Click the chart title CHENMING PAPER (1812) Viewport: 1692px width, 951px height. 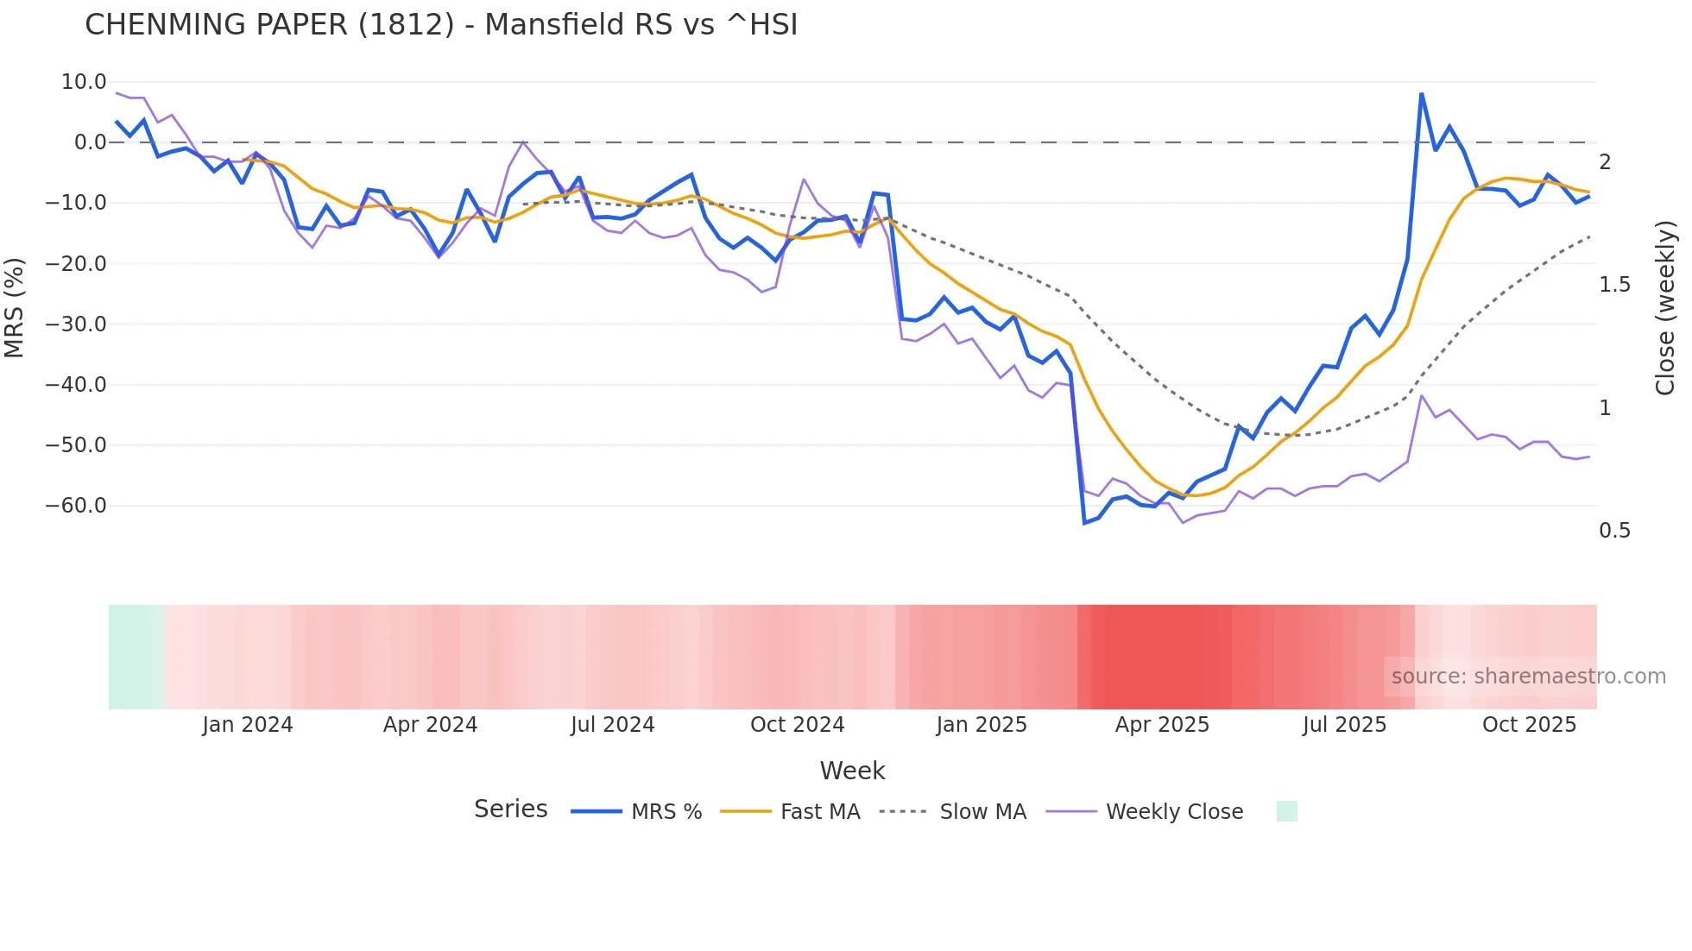(441, 25)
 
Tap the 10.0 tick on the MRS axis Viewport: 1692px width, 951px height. (84, 82)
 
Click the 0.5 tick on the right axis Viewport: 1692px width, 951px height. (1614, 531)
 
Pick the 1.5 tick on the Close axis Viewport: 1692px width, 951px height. (1614, 285)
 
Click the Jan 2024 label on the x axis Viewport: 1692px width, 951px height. (248, 725)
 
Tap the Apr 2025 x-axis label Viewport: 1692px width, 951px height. (1162, 725)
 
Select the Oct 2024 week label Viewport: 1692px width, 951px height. (797, 725)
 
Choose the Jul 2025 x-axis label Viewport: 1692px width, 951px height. (1344, 725)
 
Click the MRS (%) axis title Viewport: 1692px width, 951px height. (14, 307)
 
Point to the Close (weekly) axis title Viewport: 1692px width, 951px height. (1665, 307)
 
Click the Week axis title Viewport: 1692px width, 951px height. (852, 771)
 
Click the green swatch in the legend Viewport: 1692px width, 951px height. (1286, 811)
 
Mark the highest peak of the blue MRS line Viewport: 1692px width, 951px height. (1421, 94)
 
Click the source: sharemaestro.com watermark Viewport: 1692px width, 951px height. (1528, 677)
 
